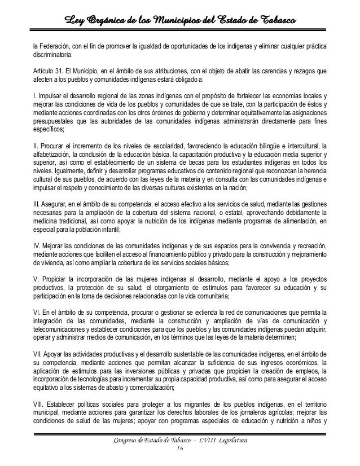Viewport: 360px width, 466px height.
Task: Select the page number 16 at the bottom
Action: (180, 449)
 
